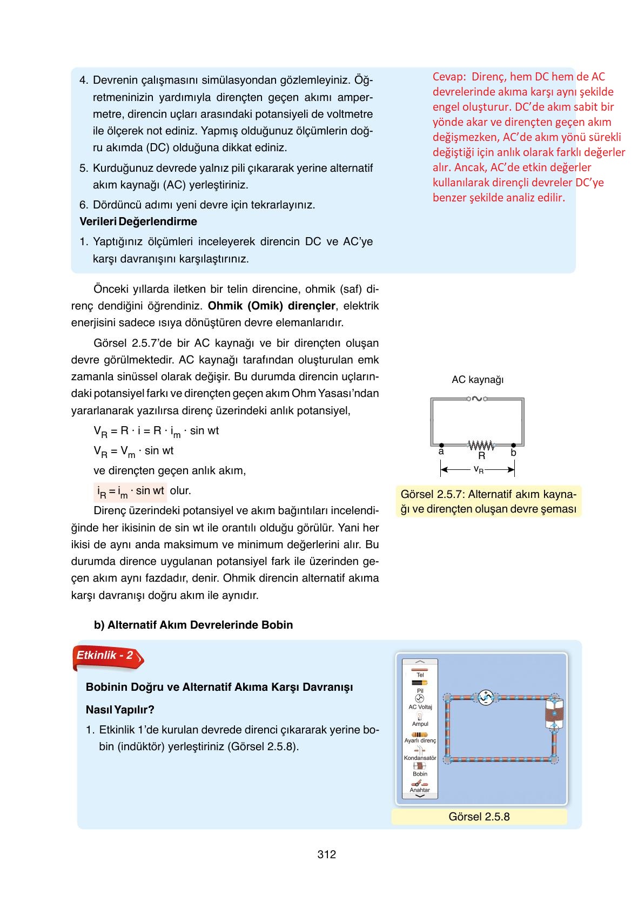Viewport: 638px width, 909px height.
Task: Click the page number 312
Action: [327, 854]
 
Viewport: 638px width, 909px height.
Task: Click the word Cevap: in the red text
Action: [449, 77]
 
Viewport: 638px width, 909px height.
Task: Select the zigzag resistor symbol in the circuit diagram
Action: [481, 446]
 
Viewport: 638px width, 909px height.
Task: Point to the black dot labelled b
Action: [514, 445]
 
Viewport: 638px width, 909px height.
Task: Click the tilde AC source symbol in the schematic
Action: [477, 399]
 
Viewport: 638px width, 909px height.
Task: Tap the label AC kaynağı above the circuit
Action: [478, 380]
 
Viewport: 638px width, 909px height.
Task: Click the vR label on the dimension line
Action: [479, 469]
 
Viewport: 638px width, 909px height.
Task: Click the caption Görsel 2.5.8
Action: [479, 817]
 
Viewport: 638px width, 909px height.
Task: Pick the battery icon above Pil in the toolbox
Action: [420, 683]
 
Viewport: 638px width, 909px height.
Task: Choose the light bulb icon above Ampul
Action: [420, 716]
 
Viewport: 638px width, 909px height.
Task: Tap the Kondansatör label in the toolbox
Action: [420, 758]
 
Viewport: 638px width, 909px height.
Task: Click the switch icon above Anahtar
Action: [420, 783]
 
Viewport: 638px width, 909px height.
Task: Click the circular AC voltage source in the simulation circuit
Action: [485, 698]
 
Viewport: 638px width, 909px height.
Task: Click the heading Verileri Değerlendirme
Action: [138, 221]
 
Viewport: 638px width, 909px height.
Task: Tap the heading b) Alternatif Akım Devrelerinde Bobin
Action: [193, 625]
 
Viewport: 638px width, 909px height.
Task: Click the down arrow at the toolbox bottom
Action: [420, 796]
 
